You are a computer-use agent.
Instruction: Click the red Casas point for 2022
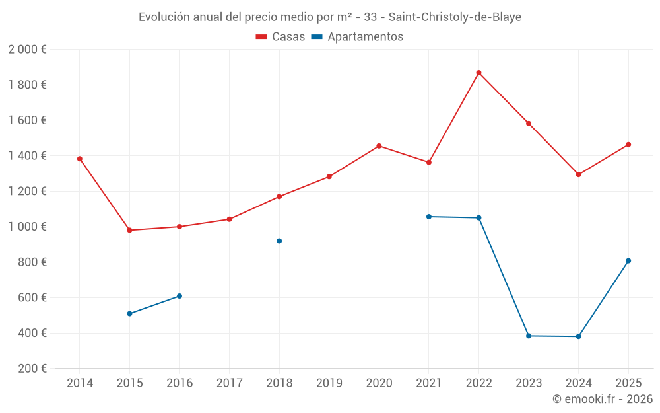(x=478, y=73)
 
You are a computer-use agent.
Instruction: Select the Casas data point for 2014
(x=80, y=159)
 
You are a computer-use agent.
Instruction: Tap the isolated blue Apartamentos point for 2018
(x=279, y=241)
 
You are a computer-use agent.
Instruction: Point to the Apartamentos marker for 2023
(x=529, y=336)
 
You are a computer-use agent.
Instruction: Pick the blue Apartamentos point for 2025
(x=628, y=260)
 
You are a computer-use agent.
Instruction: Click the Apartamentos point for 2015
(x=129, y=313)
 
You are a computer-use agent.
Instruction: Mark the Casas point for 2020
(x=379, y=146)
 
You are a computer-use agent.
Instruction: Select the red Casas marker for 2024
(x=578, y=174)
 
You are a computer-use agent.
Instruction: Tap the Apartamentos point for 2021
(x=429, y=217)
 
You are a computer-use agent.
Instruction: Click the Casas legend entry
(x=280, y=37)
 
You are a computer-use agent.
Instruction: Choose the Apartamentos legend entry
(x=357, y=37)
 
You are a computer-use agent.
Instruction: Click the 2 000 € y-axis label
(x=27, y=50)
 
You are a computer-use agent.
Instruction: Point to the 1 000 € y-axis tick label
(x=27, y=227)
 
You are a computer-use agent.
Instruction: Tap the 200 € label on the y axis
(x=31, y=369)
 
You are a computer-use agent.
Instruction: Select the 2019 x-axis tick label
(x=329, y=383)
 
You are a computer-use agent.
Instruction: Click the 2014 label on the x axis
(x=80, y=383)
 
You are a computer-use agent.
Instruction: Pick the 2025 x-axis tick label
(x=628, y=383)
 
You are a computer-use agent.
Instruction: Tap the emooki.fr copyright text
(x=603, y=399)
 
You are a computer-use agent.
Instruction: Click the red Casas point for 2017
(x=229, y=219)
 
